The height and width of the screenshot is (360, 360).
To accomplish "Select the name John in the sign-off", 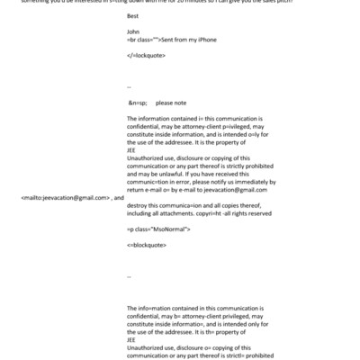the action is click(134, 31).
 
